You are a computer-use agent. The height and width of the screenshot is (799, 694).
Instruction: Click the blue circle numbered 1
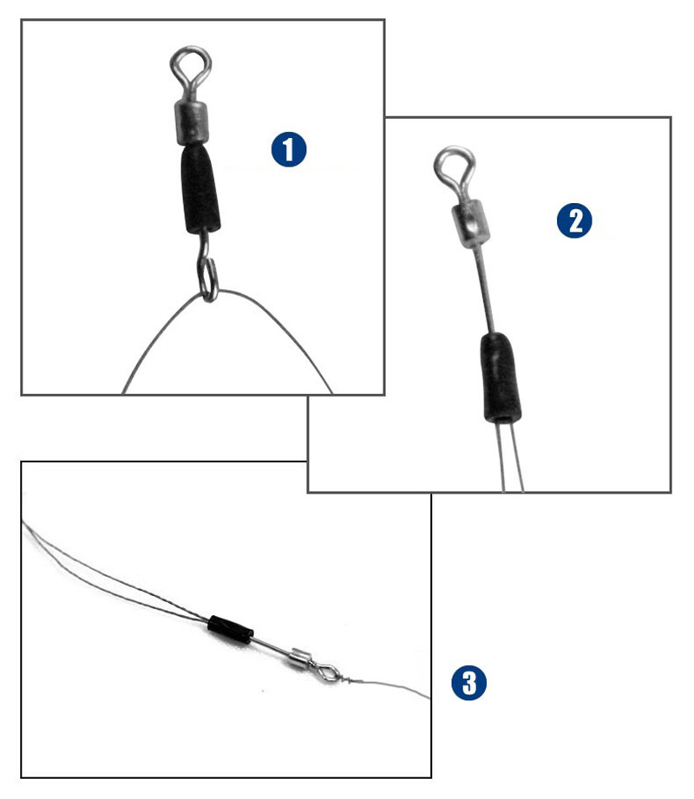click(289, 150)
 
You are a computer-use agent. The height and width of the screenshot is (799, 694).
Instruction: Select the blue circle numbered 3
click(468, 683)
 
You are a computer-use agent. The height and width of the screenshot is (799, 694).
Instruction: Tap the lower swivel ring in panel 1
click(208, 279)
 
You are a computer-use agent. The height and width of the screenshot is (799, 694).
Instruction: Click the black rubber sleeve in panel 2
click(499, 378)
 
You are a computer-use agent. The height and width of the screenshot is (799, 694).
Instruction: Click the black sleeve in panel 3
click(230, 628)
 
